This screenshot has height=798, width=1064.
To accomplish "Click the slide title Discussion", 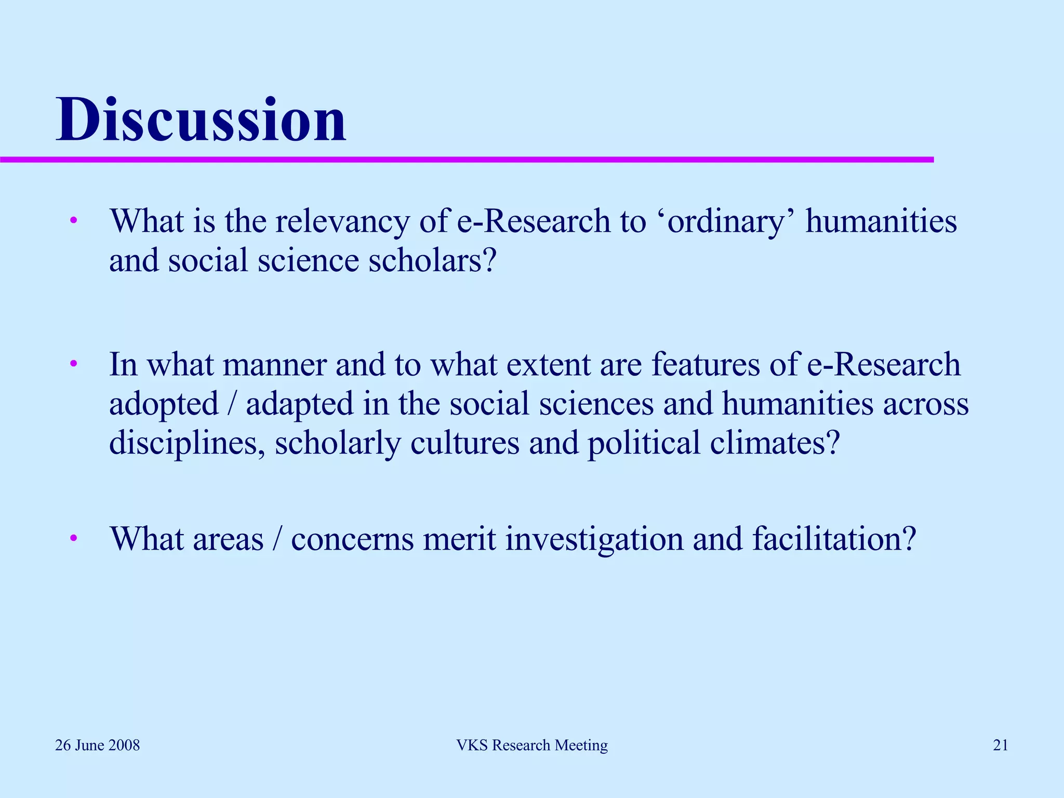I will point(201,121).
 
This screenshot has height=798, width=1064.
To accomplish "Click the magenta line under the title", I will point(467,160).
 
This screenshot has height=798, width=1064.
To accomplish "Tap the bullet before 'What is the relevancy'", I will point(74,221).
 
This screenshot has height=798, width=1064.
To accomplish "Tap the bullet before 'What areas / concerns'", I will point(74,539).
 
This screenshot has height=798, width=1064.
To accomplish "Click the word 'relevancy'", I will point(342,222).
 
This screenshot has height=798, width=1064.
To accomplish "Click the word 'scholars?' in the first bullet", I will point(432,260).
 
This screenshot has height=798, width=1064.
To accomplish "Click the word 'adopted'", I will point(164,405).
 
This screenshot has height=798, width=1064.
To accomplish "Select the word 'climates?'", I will point(775,443).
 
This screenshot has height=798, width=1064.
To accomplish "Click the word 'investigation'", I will point(594,539).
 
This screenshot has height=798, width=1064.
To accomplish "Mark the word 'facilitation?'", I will point(834,539).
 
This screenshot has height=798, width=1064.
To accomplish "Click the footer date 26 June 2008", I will point(98,746).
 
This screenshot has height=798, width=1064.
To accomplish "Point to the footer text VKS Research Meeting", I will point(532,746).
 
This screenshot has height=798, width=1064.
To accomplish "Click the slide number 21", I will point(1001,746).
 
